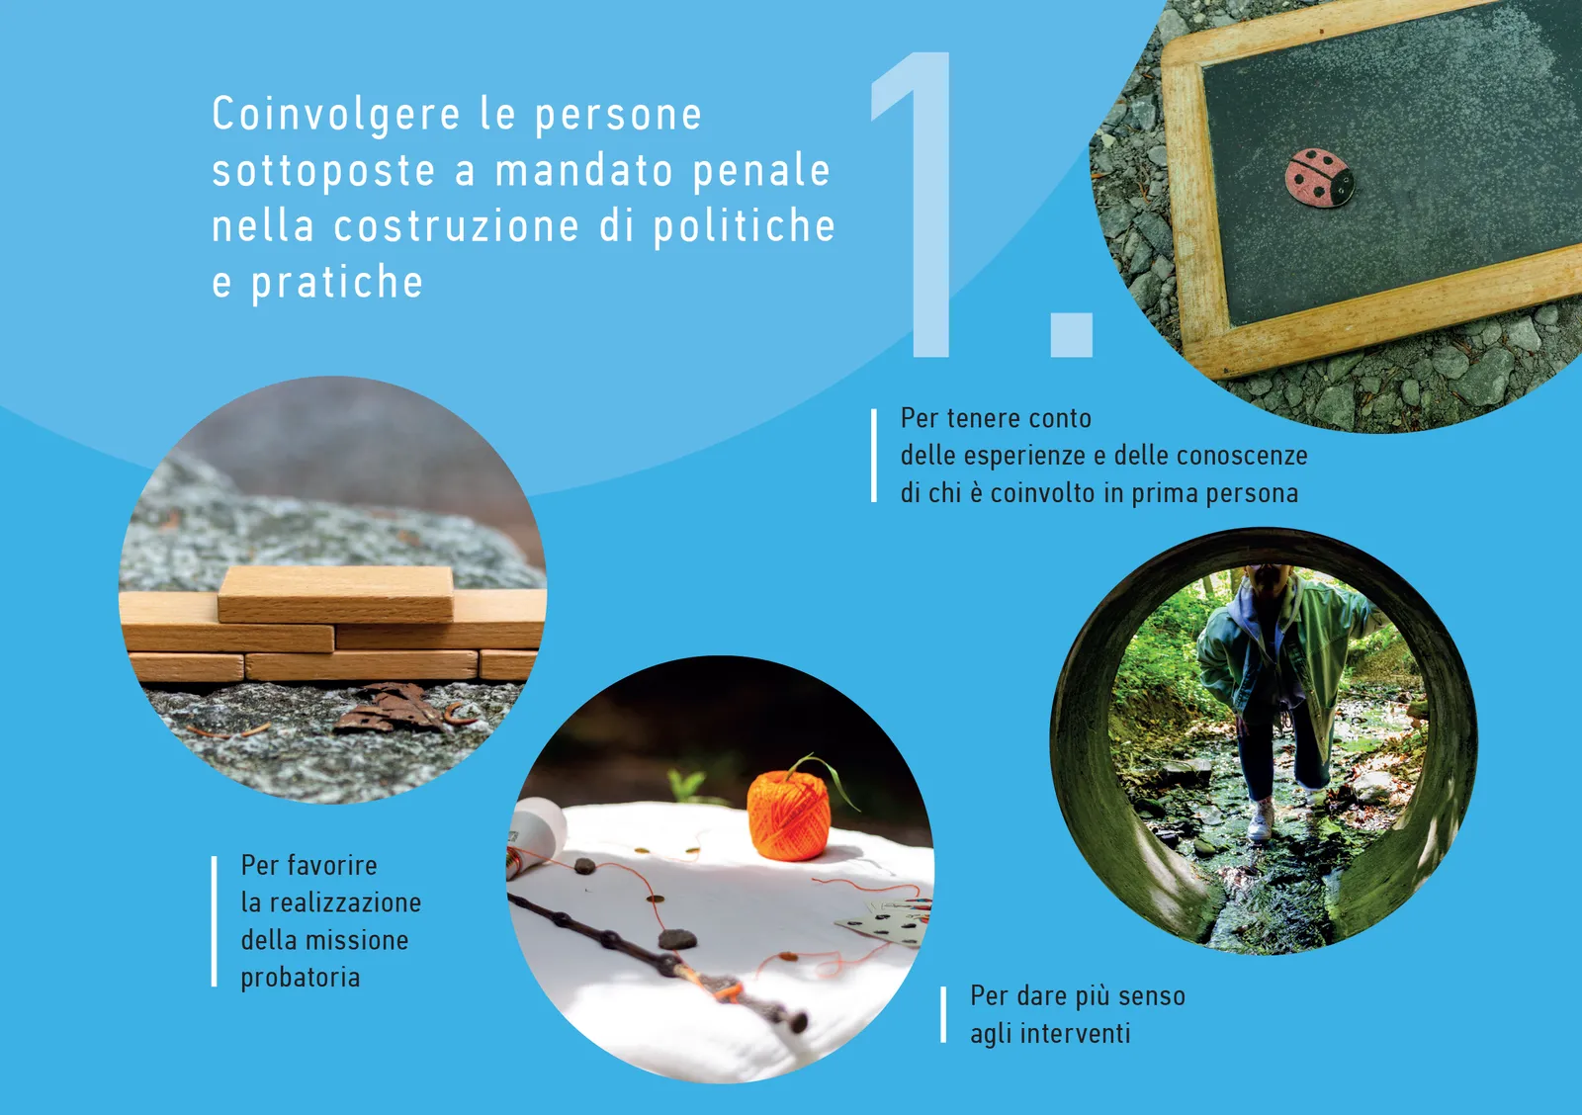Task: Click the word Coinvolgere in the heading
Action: [x=336, y=115]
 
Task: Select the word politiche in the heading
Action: [x=744, y=226]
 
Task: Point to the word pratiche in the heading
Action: [x=337, y=283]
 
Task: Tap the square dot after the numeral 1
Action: [x=1072, y=335]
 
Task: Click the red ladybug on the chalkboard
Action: [x=1319, y=177]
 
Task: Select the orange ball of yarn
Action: [x=788, y=815]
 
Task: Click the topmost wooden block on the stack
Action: [x=335, y=594]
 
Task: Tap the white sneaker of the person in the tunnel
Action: [x=1261, y=820]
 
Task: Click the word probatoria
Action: [x=301, y=979]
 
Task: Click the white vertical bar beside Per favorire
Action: [x=214, y=921]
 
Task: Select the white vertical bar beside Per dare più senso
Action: [x=943, y=1015]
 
